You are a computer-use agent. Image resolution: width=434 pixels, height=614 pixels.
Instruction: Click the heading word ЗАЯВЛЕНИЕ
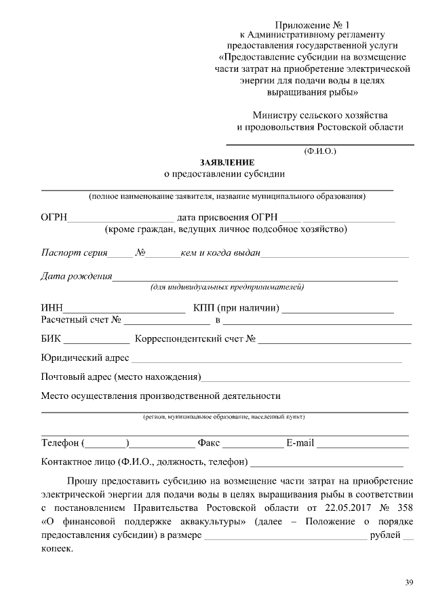pos(227,163)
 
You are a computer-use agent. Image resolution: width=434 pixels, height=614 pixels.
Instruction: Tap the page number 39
pos(409,581)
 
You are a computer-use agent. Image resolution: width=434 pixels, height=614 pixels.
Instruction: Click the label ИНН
pos(52,309)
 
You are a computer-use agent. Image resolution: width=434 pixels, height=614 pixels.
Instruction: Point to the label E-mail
pos(300,444)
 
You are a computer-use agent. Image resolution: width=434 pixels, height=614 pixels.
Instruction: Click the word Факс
pos(208,444)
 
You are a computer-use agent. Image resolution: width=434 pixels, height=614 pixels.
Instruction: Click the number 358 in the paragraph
pos(403,507)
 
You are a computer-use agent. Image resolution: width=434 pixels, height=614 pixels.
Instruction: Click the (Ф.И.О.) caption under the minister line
pos(319,151)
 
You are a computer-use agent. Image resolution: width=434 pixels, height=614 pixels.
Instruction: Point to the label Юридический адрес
pos(85,358)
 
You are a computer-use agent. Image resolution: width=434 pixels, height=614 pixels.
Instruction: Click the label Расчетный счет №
pos(81,320)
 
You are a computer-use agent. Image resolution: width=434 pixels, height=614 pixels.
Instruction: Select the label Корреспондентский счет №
pos(195,339)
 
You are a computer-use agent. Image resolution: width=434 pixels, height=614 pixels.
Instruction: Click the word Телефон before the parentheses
pos(60,444)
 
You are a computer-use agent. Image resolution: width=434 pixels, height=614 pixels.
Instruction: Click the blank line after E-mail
pos(363,446)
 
